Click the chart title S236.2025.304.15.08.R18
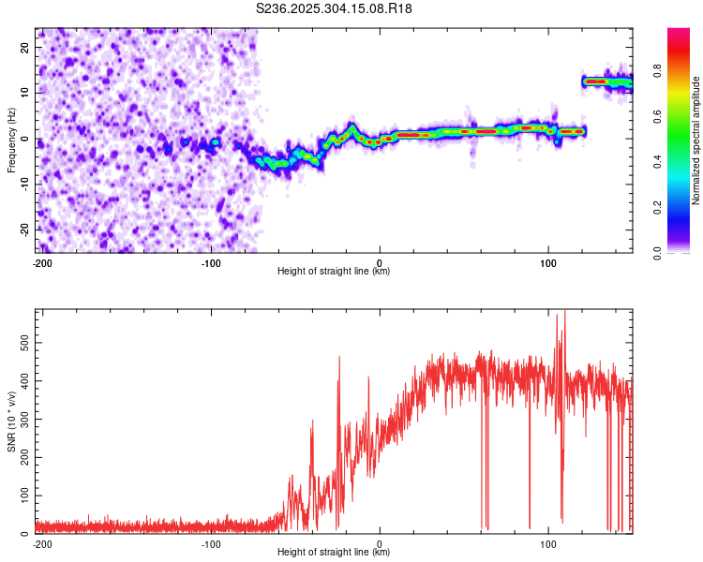click(x=335, y=8)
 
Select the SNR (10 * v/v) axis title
click(x=12, y=421)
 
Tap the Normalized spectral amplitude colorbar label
click(x=696, y=140)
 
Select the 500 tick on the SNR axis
click(x=22, y=343)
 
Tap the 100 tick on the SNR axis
click(x=22, y=495)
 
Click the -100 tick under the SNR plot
click(x=211, y=543)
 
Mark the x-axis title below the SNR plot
click(x=334, y=553)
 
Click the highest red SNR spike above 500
click(x=563, y=313)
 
